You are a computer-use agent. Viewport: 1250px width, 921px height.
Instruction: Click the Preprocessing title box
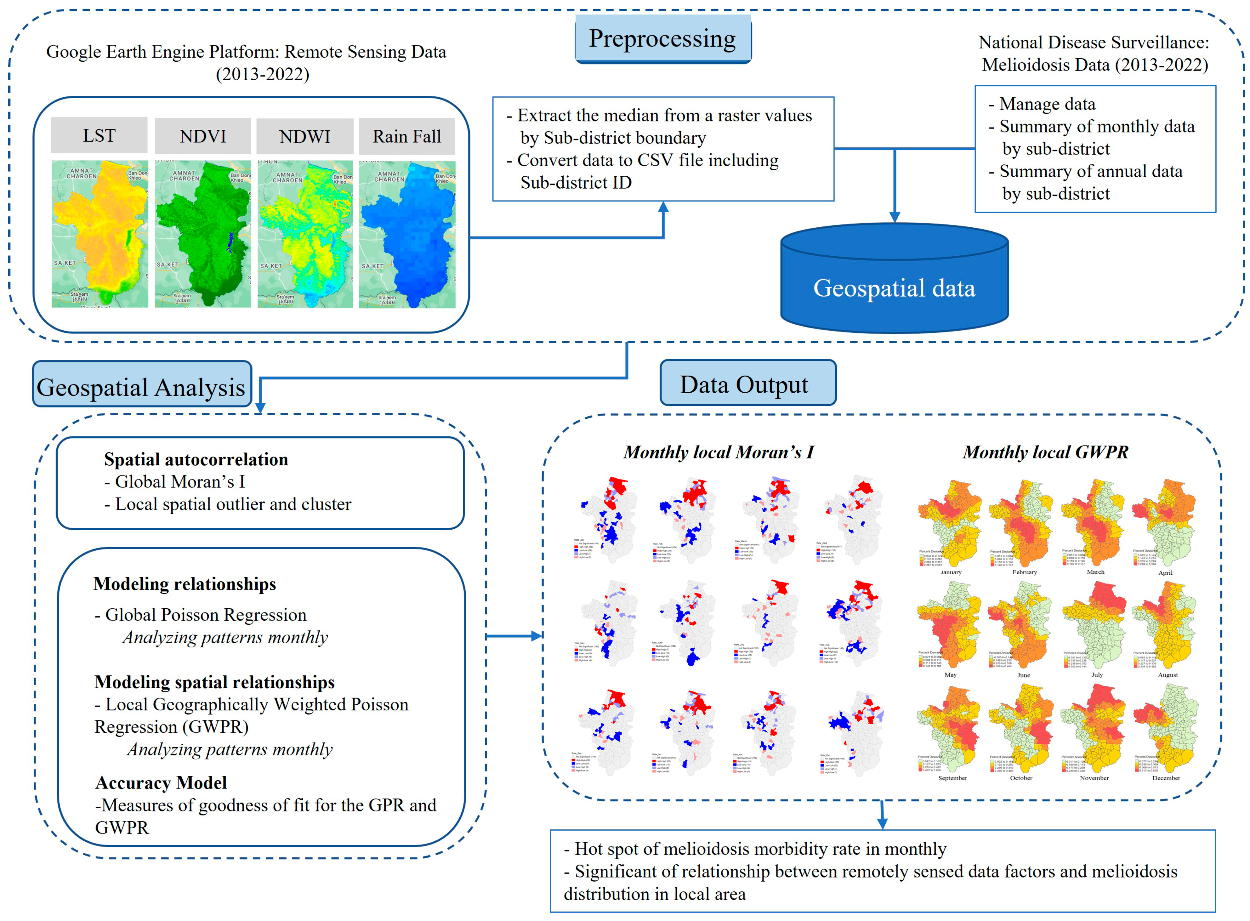click(x=663, y=39)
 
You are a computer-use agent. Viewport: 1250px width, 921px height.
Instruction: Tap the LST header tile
click(x=99, y=135)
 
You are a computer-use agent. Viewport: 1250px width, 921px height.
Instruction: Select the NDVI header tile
click(x=202, y=136)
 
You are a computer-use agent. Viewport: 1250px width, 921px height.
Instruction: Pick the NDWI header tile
click(x=304, y=137)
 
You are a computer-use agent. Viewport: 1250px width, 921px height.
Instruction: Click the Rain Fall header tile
click(x=407, y=137)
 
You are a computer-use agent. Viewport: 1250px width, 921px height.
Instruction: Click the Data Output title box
click(x=747, y=384)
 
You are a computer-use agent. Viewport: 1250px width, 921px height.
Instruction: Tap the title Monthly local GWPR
click(x=1045, y=452)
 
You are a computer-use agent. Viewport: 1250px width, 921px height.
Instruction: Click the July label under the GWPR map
click(x=1097, y=675)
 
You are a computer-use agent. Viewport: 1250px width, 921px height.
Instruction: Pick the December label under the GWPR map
click(x=1166, y=778)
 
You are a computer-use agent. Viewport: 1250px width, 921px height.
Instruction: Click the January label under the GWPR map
click(x=950, y=572)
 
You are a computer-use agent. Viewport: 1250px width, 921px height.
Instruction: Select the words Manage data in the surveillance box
click(x=1047, y=104)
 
